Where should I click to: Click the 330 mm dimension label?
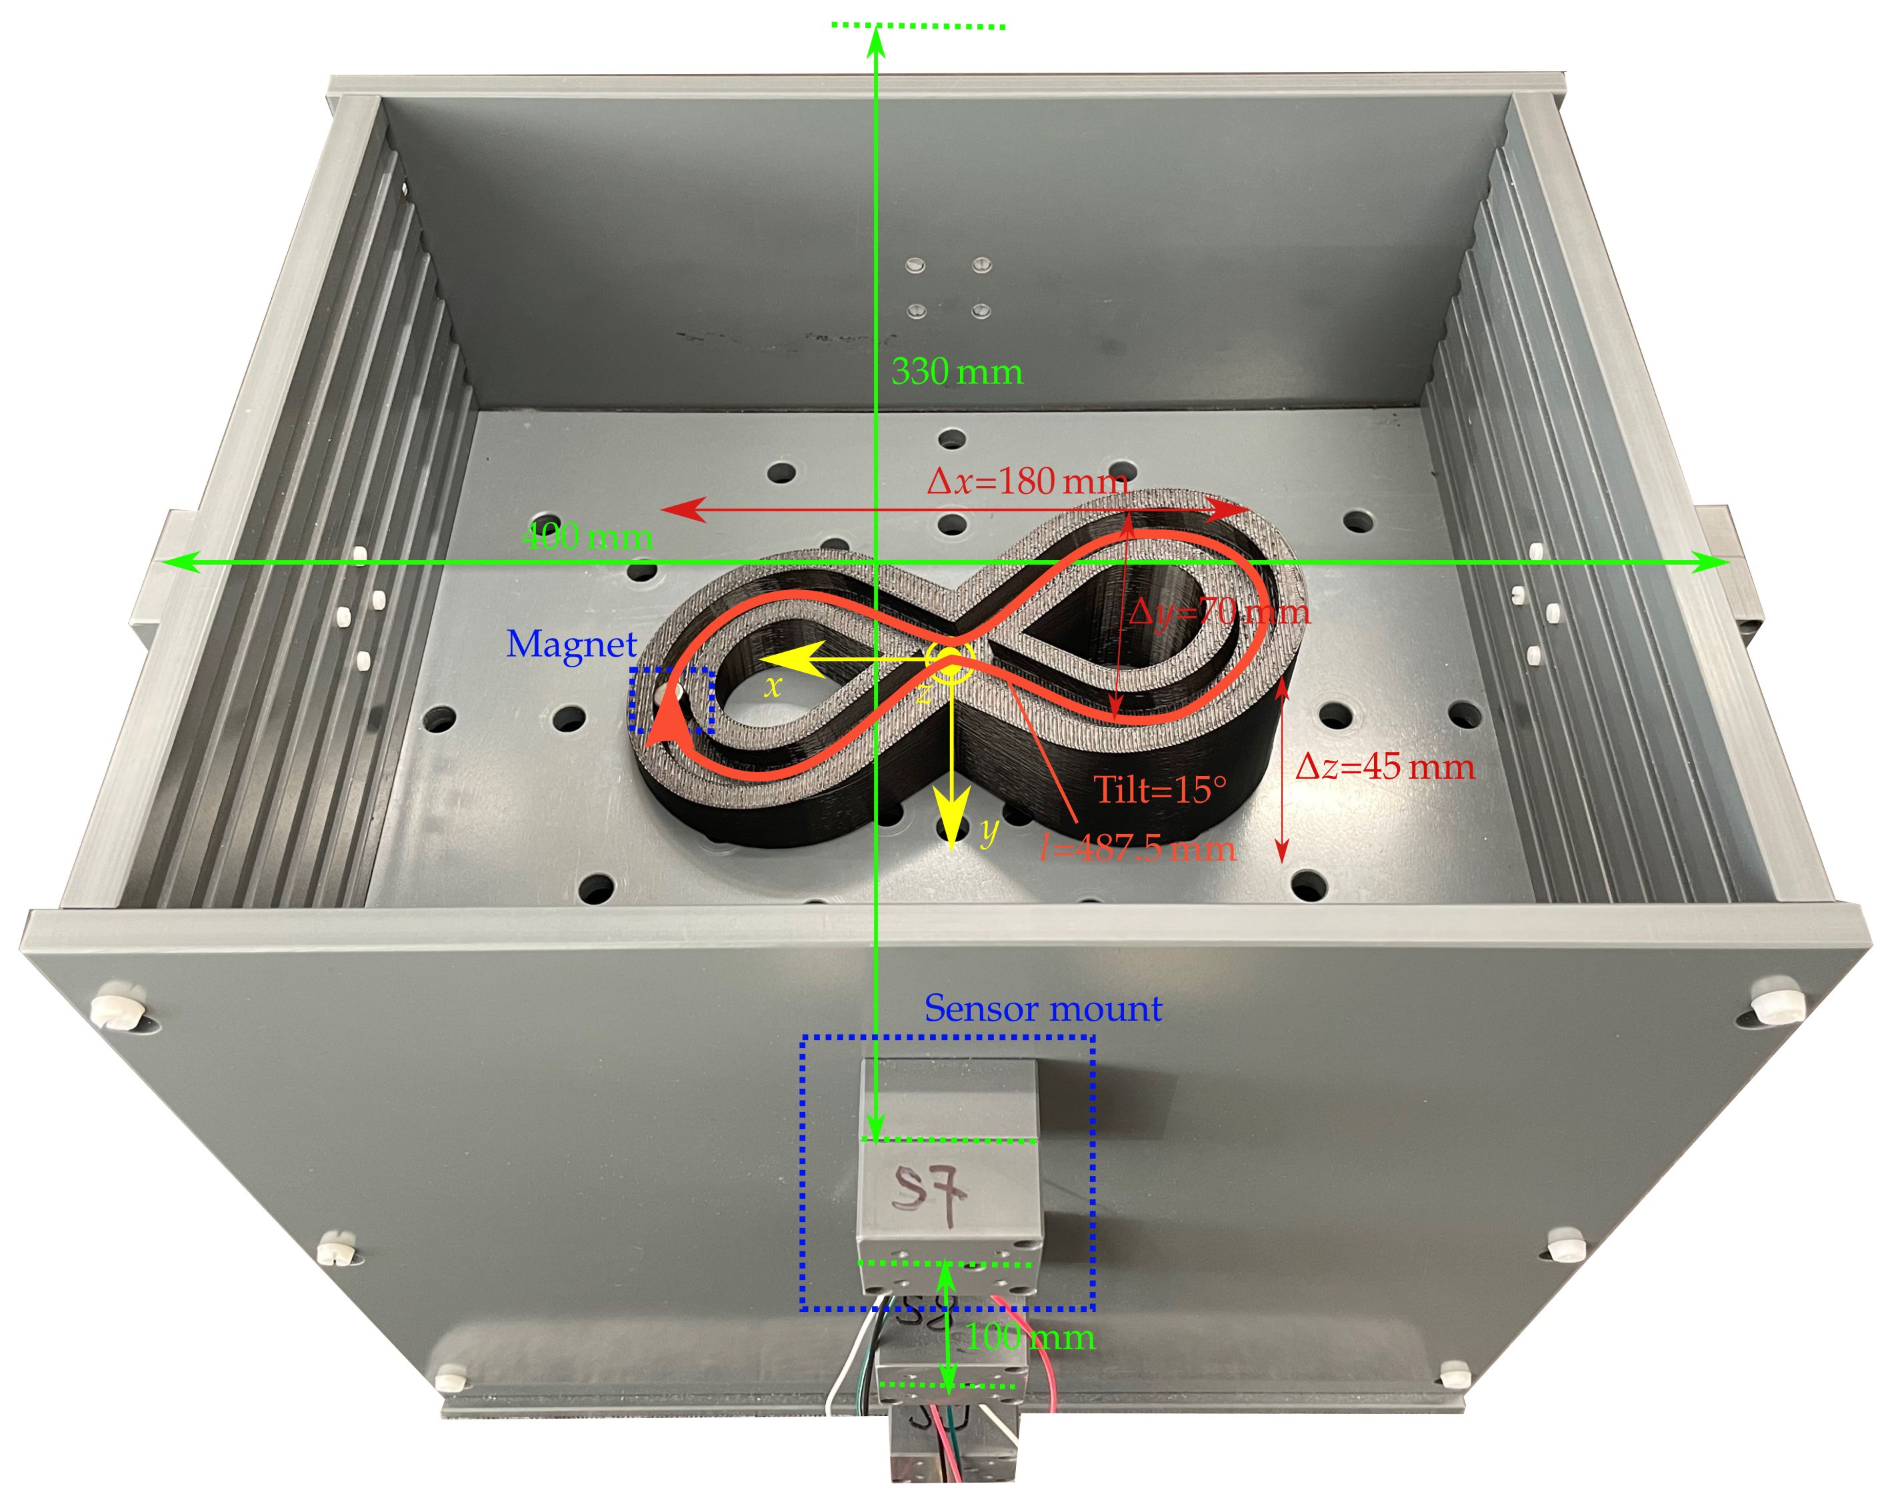pyautogui.click(x=956, y=372)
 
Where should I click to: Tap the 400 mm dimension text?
pyautogui.click(x=586, y=537)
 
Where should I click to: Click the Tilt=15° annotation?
pyautogui.click(x=1159, y=790)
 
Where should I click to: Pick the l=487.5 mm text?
pyautogui.click(x=1137, y=848)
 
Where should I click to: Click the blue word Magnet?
pyautogui.click(x=571, y=645)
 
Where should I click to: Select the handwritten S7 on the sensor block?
pyautogui.click(x=929, y=1192)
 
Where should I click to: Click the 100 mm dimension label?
pyautogui.click(x=1029, y=1338)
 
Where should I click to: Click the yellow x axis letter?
pyautogui.click(x=771, y=686)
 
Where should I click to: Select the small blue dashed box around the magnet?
pyautogui.click(x=671, y=700)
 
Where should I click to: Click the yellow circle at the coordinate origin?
pyautogui.click(x=949, y=661)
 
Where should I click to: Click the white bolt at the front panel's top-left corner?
pyautogui.click(x=116, y=1009)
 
